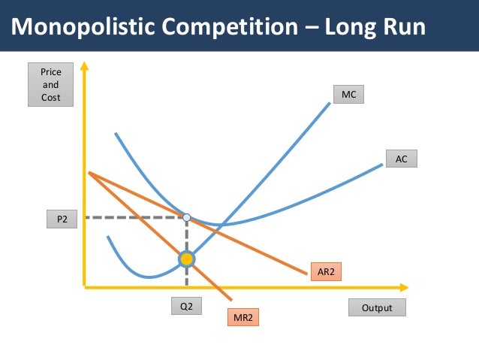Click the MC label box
pos(348,95)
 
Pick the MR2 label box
pos(243,318)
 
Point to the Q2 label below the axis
pos(186,307)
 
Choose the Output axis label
pos(377,308)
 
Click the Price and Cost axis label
pos(50,85)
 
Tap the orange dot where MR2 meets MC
pos(186,259)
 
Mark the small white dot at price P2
pos(186,217)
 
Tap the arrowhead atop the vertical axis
pos(84,67)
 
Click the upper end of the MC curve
pos(330,102)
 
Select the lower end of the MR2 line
pos(230,300)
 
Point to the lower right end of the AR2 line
pos(307,273)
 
